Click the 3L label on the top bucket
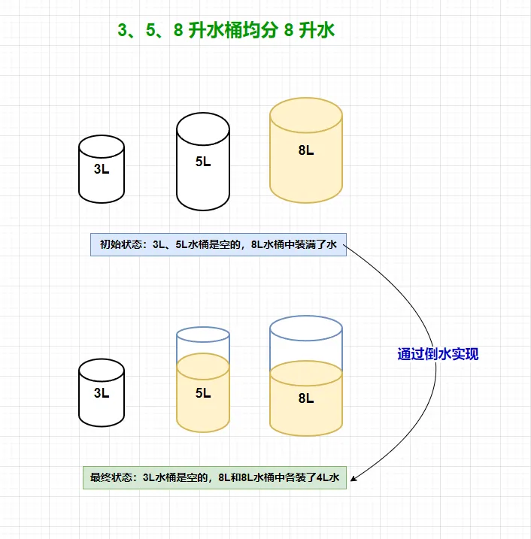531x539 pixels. pos(102,169)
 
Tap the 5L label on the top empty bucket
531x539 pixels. pos(203,161)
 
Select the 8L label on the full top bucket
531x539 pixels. pos(306,150)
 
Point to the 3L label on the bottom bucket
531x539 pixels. pos(102,392)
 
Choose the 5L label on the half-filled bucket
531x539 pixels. pos(203,392)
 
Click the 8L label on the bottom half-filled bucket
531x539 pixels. pos(306,398)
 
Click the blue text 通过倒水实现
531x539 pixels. pos(438,354)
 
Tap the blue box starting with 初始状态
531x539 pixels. pos(218,244)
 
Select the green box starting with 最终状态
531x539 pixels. pos(214,477)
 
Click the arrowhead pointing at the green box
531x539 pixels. pos(354,477)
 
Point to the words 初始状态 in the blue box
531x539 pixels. pos(121,244)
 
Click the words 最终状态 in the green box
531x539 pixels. pos(111,477)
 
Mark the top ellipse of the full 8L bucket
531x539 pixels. pos(306,113)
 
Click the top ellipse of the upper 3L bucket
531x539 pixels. pos(102,145)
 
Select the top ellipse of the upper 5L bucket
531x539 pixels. pos(203,126)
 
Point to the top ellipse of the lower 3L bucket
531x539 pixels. pos(102,368)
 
